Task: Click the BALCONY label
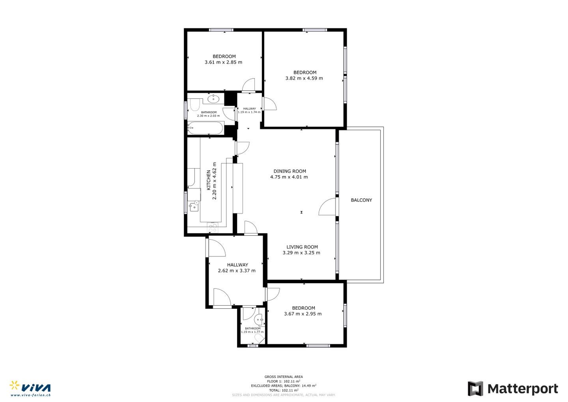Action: tap(361, 200)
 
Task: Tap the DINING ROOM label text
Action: tap(290, 171)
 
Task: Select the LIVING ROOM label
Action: tap(302, 247)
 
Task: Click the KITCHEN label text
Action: tap(208, 180)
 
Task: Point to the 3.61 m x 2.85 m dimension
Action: tap(223, 62)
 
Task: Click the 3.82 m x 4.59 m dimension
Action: tap(304, 78)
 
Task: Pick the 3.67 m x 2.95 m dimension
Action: tap(303, 314)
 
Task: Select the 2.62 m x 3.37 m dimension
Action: tap(237, 271)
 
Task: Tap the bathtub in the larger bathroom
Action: tap(206, 128)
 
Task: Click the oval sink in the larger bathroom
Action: tap(213, 99)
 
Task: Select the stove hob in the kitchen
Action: tap(213, 227)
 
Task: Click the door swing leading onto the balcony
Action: tap(327, 207)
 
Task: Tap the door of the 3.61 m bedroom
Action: tap(248, 84)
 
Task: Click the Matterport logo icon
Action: tap(475, 389)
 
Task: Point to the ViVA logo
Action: tap(30, 389)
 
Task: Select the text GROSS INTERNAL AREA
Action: tap(284, 377)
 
